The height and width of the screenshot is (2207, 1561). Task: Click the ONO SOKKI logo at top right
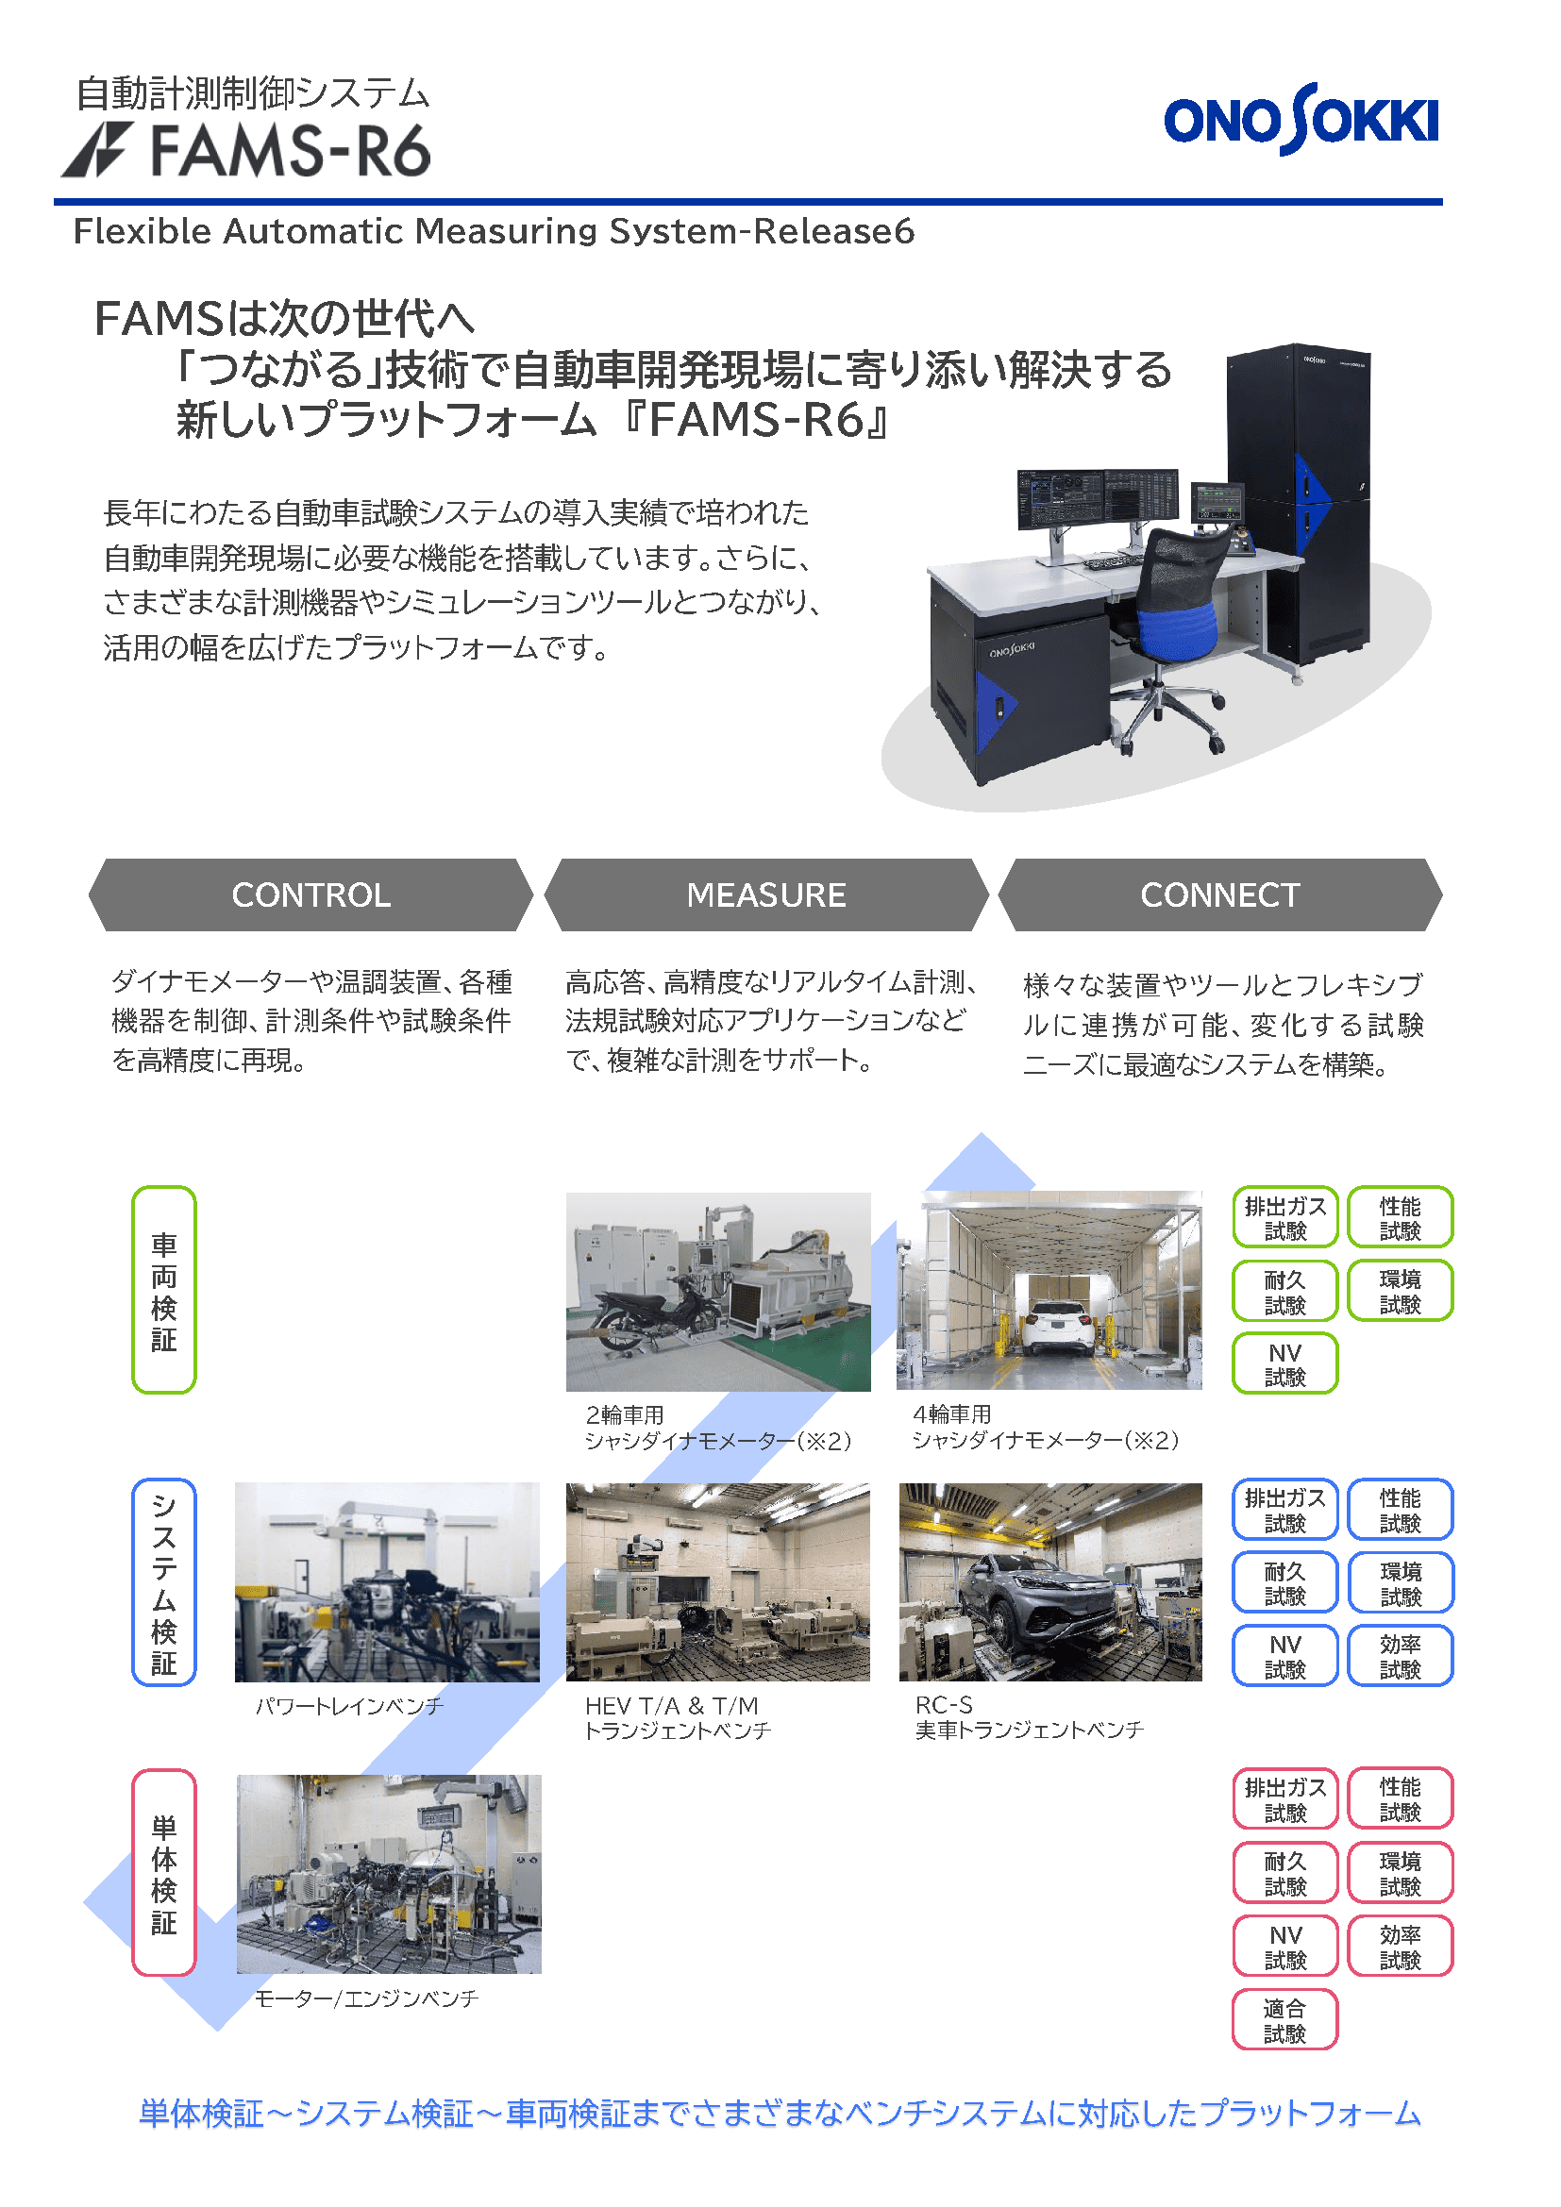click(1301, 119)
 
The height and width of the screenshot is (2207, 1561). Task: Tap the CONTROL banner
click(311, 895)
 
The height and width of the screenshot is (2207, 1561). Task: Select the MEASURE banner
click(766, 895)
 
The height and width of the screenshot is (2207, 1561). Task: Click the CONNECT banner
click(1219, 895)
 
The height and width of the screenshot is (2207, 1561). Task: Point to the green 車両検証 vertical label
click(164, 1289)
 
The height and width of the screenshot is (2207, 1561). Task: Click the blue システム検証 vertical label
click(164, 1581)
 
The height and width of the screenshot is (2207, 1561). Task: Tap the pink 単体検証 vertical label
click(164, 1872)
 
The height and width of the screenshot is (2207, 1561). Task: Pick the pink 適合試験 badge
click(1285, 2019)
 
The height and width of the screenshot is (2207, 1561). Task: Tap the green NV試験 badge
click(1285, 1363)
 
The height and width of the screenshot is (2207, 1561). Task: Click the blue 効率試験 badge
click(1401, 1655)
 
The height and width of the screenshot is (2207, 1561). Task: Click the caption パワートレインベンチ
click(350, 1706)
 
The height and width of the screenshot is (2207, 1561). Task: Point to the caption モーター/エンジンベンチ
click(366, 1998)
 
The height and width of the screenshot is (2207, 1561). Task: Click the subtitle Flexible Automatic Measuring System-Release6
click(494, 232)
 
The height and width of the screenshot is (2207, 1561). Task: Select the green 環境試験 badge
click(1401, 1290)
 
